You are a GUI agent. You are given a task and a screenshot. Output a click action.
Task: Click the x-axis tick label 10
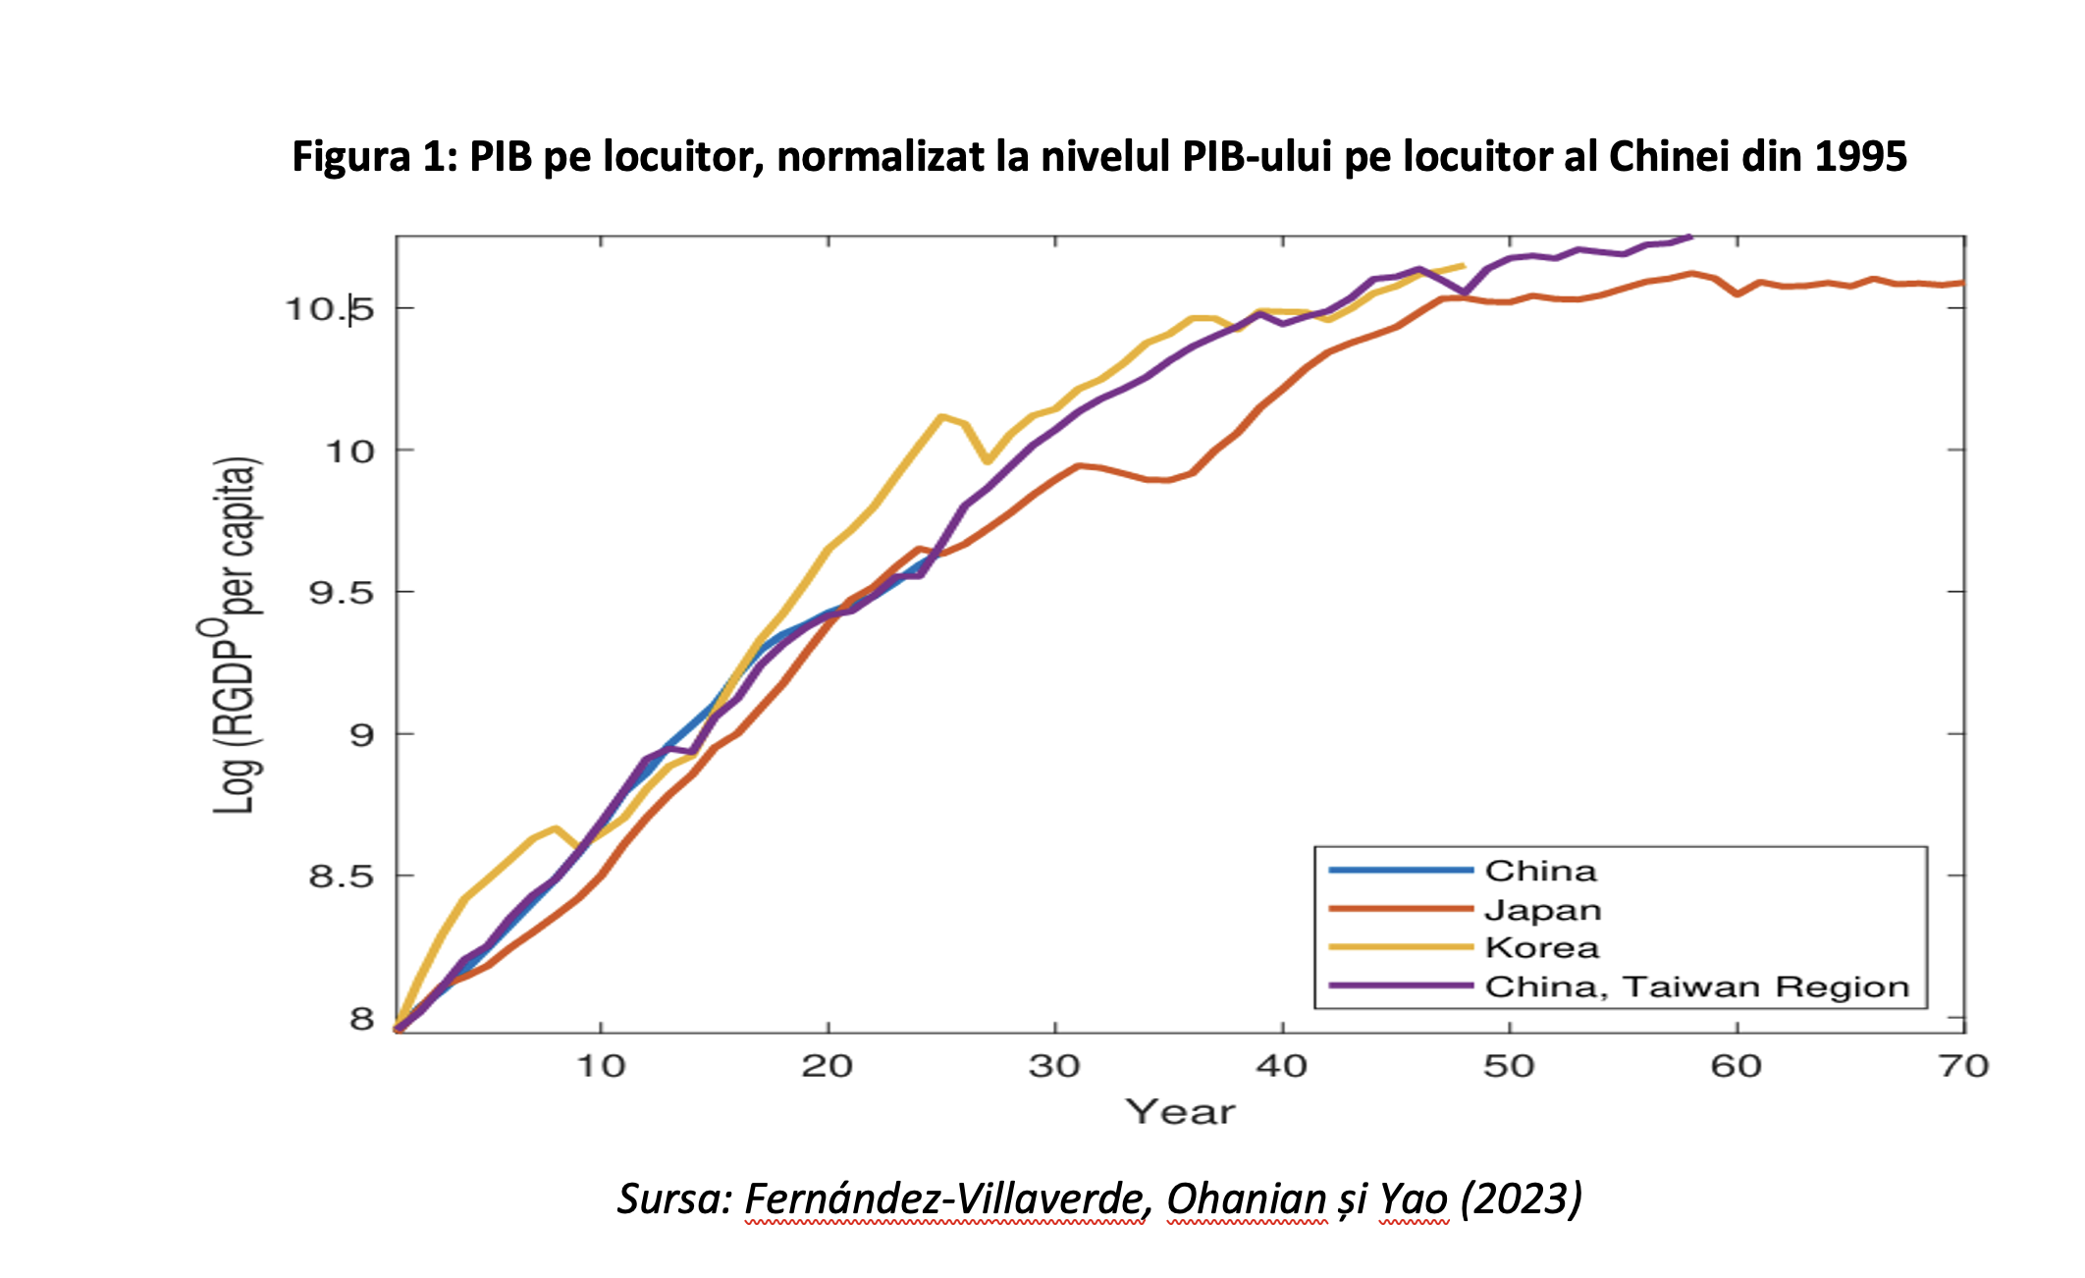tap(600, 1066)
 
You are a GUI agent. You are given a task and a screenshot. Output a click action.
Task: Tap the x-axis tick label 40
tap(1281, 1066)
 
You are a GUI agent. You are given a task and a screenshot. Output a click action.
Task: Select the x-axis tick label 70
tap(1963, 1066)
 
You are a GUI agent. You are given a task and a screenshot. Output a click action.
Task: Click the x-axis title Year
tap(1180, 1112)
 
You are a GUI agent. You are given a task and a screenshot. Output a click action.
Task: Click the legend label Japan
tap(1542, 910)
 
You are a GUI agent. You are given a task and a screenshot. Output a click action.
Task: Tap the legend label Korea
tap(1542, 948)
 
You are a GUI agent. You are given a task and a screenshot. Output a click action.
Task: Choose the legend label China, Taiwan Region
tap(1697, 986)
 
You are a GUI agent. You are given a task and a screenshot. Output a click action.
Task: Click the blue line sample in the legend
tap(1401, 871)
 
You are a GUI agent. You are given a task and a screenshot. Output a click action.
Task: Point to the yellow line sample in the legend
tap(1401, 947)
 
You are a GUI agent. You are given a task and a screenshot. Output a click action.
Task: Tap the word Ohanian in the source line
tap(1246, 1198)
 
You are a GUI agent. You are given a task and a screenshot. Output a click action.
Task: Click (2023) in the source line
tap(1522, 1198)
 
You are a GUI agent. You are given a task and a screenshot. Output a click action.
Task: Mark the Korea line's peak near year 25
tap(941, 417)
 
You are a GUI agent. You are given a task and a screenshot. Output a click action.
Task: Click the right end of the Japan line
tap(1962, 283)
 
